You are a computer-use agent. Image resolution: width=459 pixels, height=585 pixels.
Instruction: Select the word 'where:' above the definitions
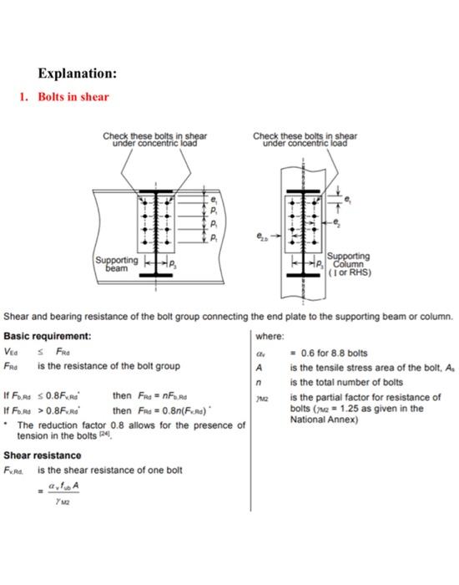click(274, 336)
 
